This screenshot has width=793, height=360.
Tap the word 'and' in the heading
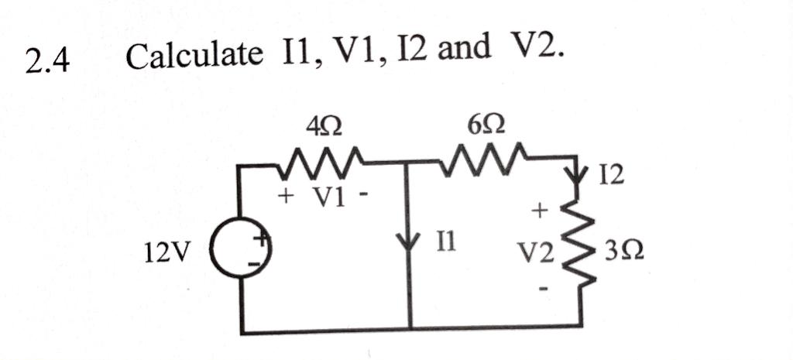click(x=464, y=52)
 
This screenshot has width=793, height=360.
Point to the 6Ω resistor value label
click(x=489, y=124)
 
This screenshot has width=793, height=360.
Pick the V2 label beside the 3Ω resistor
click(x=537, y=252)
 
